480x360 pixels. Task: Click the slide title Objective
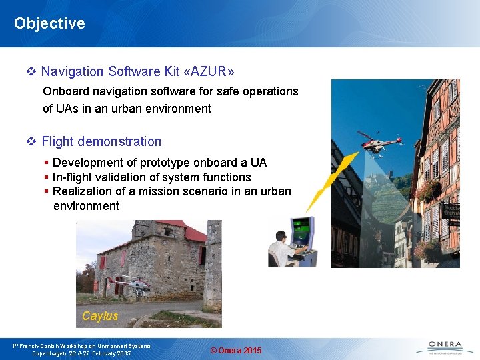pyautogui.click(x=49, y=23)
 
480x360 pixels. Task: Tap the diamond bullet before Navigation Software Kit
pyautogui.click(x=31, y=71)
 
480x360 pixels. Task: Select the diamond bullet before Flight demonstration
pyautogui.click(x=31, y=141)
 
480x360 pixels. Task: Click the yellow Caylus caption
pyautogui.click(x=100, y=316)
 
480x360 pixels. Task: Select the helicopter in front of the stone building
pyautogui.click(x=131, y=285)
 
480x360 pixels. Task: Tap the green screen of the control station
pyautogui.click(x=301, y=231)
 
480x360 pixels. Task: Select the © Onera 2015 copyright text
pyautogui.click(x=236, y=351)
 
